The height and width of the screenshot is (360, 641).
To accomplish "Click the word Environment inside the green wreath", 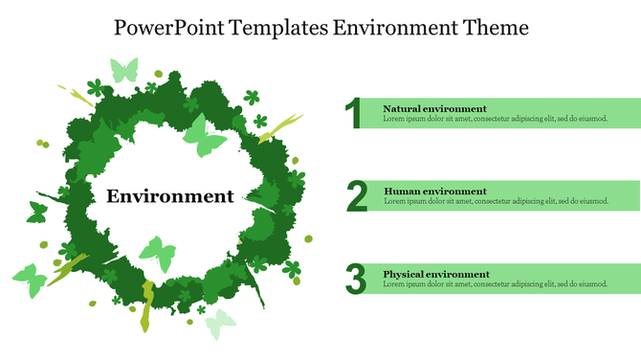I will pyautogui.click(x=169, y=196).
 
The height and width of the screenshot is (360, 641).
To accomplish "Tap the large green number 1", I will pyautogui.click(x=355, y=113).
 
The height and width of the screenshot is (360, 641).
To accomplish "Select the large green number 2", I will pyautogui.click(x=357, y=196).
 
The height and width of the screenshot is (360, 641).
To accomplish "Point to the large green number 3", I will pyautogui.click(x=356, y=280).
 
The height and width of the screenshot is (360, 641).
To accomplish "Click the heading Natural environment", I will pyautogui.click(x=434, y=108).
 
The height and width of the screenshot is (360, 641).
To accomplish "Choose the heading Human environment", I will pyautogui.click(x=434, y=191).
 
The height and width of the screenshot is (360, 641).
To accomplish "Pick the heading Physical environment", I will pyautogui.click(x=436, y=274).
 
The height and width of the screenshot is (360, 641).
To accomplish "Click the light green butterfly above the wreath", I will pyautogui.click(x=124, y=69).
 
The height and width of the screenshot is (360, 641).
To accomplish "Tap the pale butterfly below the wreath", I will pyautogui.click(x=221, y=324).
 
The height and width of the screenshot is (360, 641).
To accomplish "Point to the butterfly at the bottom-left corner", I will pyautogui.click(x=29, y=280).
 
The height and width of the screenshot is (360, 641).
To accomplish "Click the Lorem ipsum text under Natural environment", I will pyautogui.click(x=495, y=120).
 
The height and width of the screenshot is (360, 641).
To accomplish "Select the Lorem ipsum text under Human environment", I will pyautogui.click(x=495, y=202).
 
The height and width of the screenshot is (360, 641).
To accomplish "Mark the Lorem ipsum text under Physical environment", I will pyautogui.click(x=495, y=284).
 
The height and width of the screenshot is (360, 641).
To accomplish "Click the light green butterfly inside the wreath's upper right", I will pyautogui.click(x=205, y=136).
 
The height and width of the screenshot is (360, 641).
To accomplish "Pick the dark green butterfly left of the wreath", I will pyautogui.click(x=37, y=213).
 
